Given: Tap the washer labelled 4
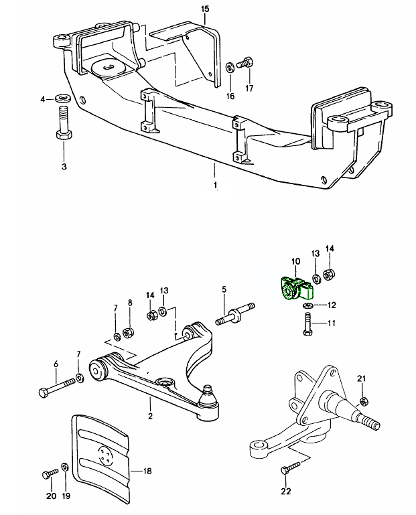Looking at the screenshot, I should click(x=64, y=99).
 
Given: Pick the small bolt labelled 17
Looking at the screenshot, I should click(x=247, y=65).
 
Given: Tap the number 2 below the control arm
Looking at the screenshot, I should click(x=150, y=416).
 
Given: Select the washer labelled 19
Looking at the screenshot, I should click(x=65, y=467).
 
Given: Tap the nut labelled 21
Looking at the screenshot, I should click(x=363, y=402).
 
